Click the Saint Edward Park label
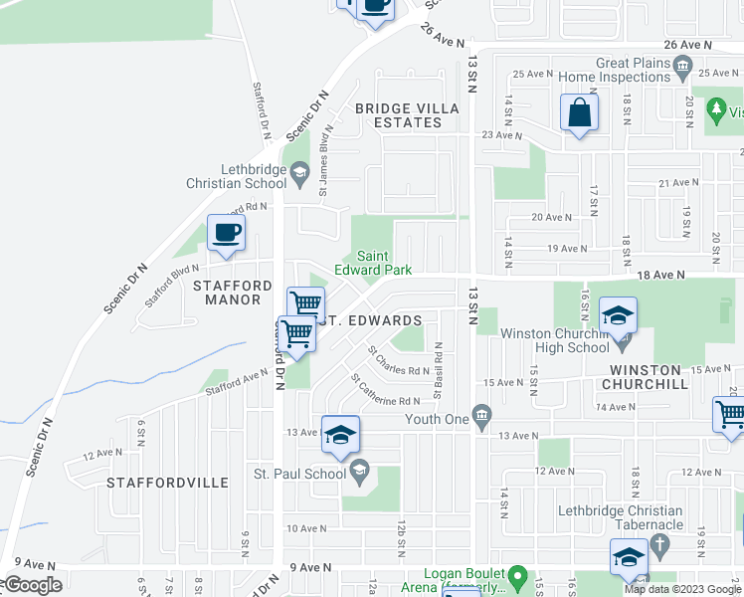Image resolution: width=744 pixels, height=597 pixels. tap(372, 262)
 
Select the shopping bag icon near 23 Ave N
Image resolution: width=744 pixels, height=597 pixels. tap(579, 113)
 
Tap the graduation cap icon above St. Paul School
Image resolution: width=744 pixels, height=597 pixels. tap(340, 435)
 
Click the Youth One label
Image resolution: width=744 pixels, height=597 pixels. tap(436, 419)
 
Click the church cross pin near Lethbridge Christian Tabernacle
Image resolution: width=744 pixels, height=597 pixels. tap(657, 545)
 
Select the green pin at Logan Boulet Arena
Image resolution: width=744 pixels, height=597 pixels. tap(517, 577)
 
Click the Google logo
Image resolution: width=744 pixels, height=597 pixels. tap(32, 586)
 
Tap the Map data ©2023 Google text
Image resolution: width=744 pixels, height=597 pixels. tap(682, 589)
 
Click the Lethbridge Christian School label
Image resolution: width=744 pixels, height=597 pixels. tap(237, 176)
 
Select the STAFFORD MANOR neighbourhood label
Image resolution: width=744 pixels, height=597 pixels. tap(232, 294)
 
